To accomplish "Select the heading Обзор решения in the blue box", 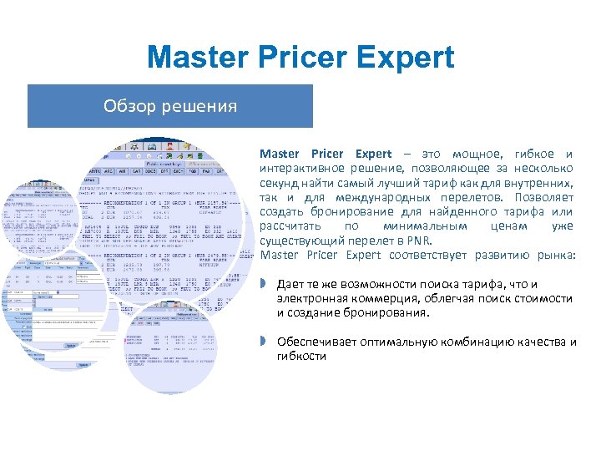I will click(x=170, y=106).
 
